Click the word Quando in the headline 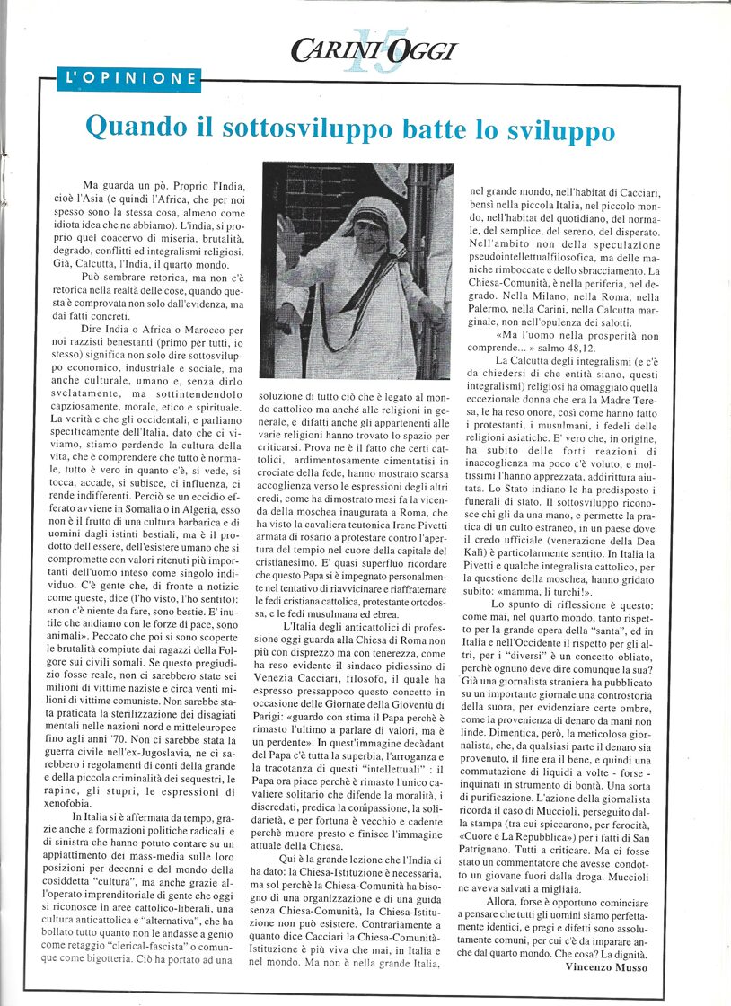pos(135,128)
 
